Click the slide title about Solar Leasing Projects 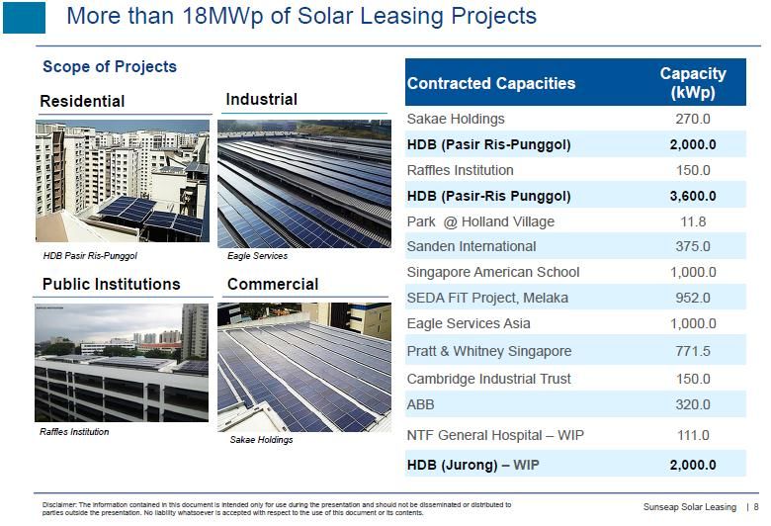pyautogui.click(x=300, y=16)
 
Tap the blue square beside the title pyautogui.click(x=24, y=18)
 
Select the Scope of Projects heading pyautogui.click(x=110, y=67)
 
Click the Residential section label pyautogui.click(x=82, y=102)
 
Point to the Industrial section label pyautogui.click(x=262, y=100)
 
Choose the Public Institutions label pyautogui.click(x=111, y=285)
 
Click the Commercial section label pyautogui.click(x=273, y=285)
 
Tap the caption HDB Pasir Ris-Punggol pyautogui.click(x=90, y=256)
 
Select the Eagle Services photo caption pyautogui.click(x=257, y=256)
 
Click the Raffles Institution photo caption pyautogui.click(x=74, y=432)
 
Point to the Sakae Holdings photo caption pyautogui.click(x=261, y=440)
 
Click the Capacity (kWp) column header pyautogui.click(x=693, y=83)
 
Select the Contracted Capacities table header pyautogui.click(x=491, y=84)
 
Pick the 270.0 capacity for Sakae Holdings pyautogui.click(x=693, y=119)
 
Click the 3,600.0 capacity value pyautogui.click(x=693, y=197)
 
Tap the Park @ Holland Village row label pyautogui.click(x=480, y=222)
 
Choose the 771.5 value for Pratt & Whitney pyautogui.click(x=693, y=351)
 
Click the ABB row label pyautogui.click(x=420, y=404)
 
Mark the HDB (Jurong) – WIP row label pyautogui.click(x=473, y=465)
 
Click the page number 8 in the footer pyautogui.click(x=756, y=507)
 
